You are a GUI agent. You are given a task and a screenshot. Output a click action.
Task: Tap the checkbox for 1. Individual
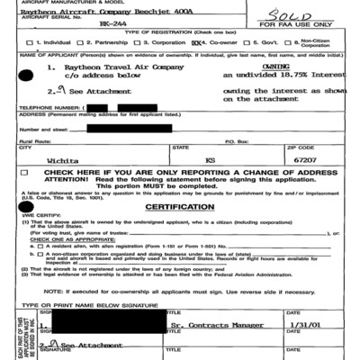click(31, 41)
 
